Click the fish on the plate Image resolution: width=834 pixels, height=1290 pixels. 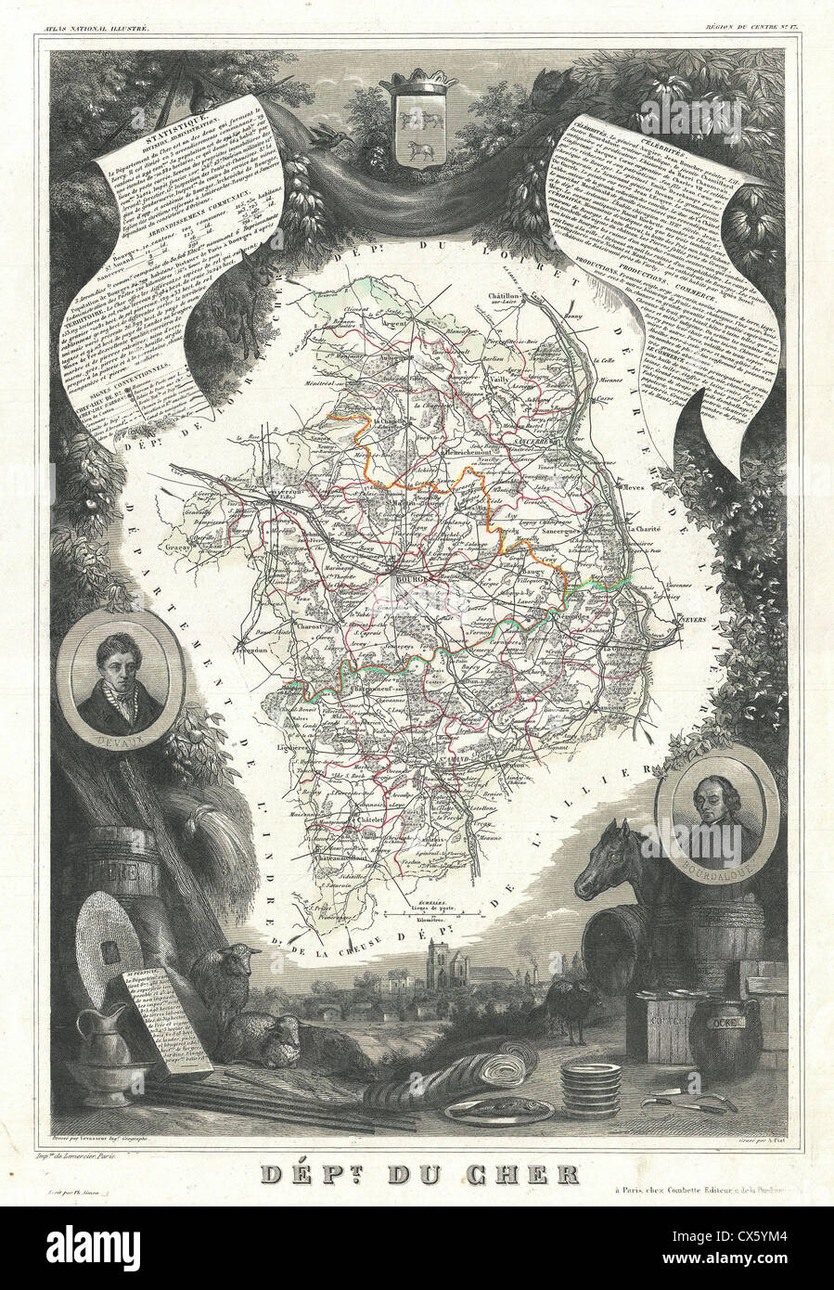click(x=498, y=1106)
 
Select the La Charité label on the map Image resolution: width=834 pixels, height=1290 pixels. click(x=647, y=528)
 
